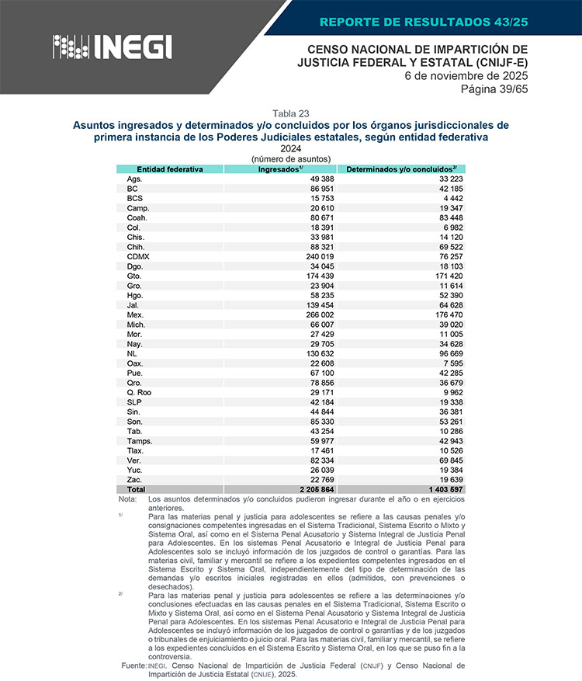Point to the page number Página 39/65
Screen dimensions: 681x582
click(494, 89)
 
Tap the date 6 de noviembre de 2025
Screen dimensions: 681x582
click(466, 76)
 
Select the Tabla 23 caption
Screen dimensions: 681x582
click(291, 113)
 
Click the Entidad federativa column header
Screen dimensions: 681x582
click(169, 169)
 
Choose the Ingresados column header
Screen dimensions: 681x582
click(280, 169)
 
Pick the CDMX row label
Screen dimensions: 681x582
click(138, 256)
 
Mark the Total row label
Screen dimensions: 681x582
click(136, 490)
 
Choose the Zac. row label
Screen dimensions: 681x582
click(135, 480)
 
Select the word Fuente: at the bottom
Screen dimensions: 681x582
click(134, 666)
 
